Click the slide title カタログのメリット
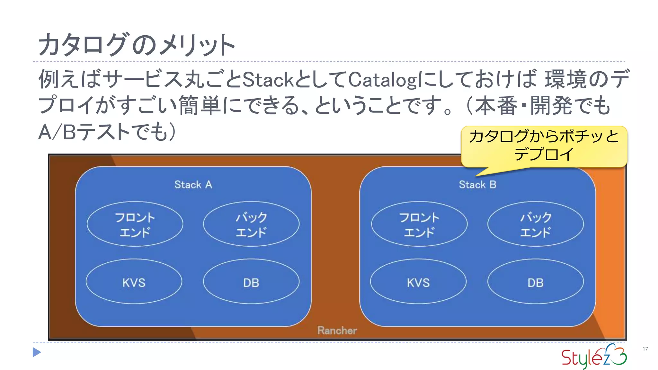click(x=137, y=45)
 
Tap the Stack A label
click(x=193, y=185)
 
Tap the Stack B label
click(x=477, y=185)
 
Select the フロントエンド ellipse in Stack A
click(x=135, y=224)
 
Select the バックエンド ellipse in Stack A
click(x=251, y=224)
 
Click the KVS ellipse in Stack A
click(x=134, y=282)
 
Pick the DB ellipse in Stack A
click(x=251, y=282)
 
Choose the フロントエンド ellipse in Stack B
click(x=419, y=224)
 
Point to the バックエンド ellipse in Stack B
click(x=536, y=224)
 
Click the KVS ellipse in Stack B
click(x=418, y=282)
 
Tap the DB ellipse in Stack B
click(x=536, y=282)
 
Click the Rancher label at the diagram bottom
click(x=337, y=330)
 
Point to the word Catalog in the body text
click(x=382, y=79)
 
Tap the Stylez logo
click(x=594, y=356)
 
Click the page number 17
click(x=645, y=349)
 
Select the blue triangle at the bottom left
click(x=37, y=352)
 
